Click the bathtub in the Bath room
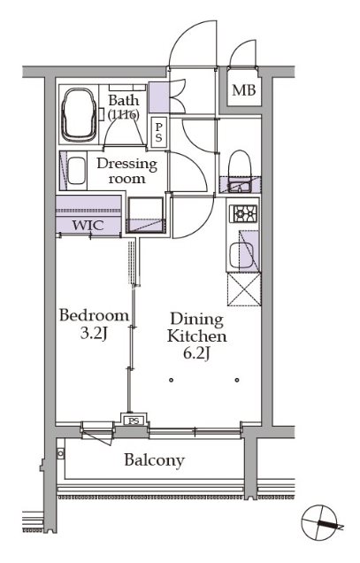[79, 114]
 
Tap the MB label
[244, 90]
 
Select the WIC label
[88, 225]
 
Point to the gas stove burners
[244, 213]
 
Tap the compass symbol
[320, 522]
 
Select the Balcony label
[155, 460]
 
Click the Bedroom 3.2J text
[94, 324]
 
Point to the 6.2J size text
[196, 354]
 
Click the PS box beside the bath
[158, 133]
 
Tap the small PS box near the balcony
[134, 420]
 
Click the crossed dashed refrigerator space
[244, 289]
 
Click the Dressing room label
[127, 171]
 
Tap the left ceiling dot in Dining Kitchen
[172, 380]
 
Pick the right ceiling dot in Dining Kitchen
[237, 380]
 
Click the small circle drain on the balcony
[60, 453]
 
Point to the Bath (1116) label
[124, 106]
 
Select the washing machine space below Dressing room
[146, 215]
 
